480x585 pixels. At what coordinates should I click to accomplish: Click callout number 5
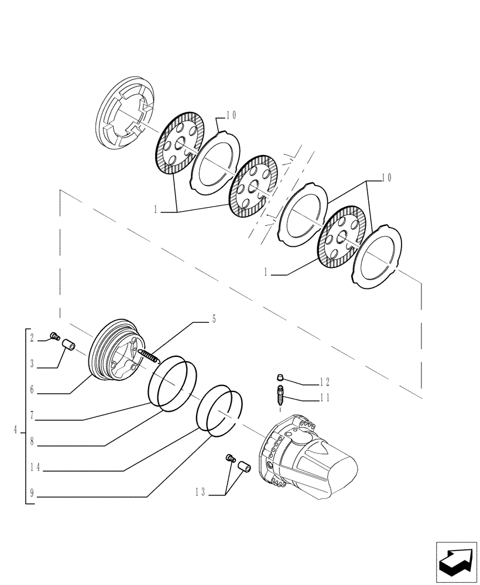pos(214,319)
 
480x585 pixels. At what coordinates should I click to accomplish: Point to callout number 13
pos(200,493)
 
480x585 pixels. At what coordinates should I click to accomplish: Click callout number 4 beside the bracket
pos(15,431)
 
